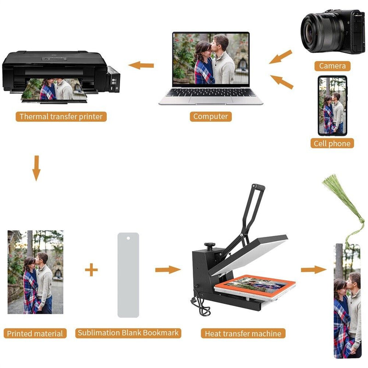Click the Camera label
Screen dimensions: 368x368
pos(332,66)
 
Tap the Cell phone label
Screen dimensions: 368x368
pos(332,144)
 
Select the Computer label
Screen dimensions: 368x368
pos(211,116)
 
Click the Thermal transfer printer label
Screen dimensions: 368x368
pos(61,117)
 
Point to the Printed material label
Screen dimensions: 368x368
pos(35,333)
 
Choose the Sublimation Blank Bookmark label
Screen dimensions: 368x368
pos(128,333)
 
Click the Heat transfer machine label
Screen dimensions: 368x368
pos(243,333)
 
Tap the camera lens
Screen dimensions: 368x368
pos(319,32)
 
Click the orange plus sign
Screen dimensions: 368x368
pos(91,270)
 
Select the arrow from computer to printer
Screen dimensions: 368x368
pos(141,65)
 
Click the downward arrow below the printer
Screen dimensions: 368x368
pos(36,168)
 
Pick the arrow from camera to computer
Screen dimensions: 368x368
pos(281,57)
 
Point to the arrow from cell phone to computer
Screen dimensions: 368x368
pos(282,82)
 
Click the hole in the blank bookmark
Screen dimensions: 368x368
pos(128,238)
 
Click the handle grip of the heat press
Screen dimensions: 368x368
pos(259,187)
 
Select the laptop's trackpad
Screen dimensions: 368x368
pos(211,99)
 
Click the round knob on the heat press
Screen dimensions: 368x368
pos(210,245)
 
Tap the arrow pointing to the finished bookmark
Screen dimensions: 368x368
pos(314,270)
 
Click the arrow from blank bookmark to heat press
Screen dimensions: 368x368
pos(168,270)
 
